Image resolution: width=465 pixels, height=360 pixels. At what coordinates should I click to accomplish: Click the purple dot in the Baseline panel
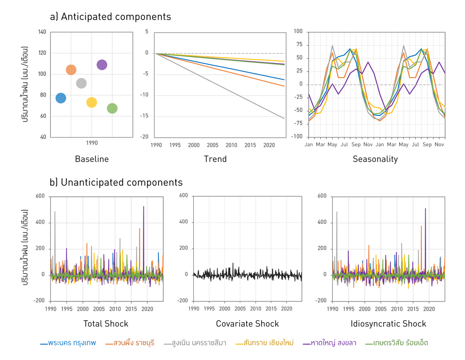[102, 64]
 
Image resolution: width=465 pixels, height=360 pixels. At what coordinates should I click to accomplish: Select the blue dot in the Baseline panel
[61, 98]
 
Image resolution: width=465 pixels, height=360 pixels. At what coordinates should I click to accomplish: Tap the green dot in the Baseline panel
[112, 109]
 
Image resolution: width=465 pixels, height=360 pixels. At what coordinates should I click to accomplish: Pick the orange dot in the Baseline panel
[71, 70]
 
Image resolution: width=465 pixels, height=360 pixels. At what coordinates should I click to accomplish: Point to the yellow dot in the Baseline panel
[92, 102]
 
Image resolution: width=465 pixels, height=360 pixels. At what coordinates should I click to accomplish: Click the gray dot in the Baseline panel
[81, 83]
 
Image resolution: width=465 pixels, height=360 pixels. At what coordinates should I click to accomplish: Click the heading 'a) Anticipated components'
[110, 17]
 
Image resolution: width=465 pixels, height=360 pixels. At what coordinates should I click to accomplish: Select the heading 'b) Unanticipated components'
[116, 182]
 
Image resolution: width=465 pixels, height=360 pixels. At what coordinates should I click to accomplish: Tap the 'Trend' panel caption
[215, 159]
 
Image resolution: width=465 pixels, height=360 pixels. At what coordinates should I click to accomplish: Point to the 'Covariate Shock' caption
[247, 324]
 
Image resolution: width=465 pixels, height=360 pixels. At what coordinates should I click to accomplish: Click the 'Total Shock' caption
[106, 324]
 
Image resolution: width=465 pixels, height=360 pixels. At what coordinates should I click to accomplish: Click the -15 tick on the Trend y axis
[144, 116]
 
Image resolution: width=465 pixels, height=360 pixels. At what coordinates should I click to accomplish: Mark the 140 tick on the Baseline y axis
[42, 32]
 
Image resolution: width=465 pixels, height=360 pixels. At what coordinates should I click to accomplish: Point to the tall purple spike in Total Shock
[144, 207]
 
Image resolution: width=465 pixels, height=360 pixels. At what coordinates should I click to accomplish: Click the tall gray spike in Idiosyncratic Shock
[337, 213]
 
